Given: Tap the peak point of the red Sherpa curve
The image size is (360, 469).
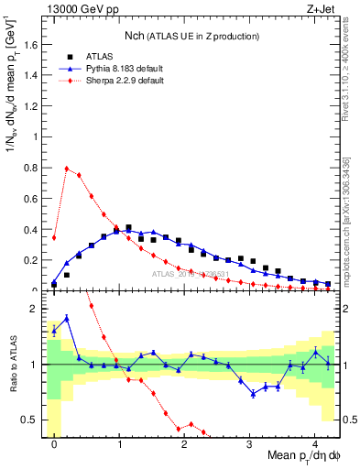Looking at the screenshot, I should point(67,168).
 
